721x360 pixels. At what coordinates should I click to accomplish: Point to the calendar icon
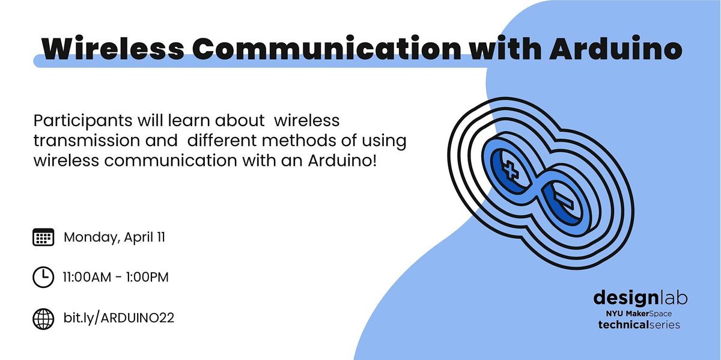[43, 237]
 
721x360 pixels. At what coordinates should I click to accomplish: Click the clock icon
[43, 278]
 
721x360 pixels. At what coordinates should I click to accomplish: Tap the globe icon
[43, 318]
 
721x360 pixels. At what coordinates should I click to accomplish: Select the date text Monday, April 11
[115, 237]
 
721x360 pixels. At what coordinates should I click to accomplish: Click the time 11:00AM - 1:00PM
[116, 278]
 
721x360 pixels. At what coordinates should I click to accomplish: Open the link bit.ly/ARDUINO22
[119, 318]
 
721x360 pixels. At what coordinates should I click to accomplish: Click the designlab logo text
[640, 297]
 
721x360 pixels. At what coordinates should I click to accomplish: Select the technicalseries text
[639, 325]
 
